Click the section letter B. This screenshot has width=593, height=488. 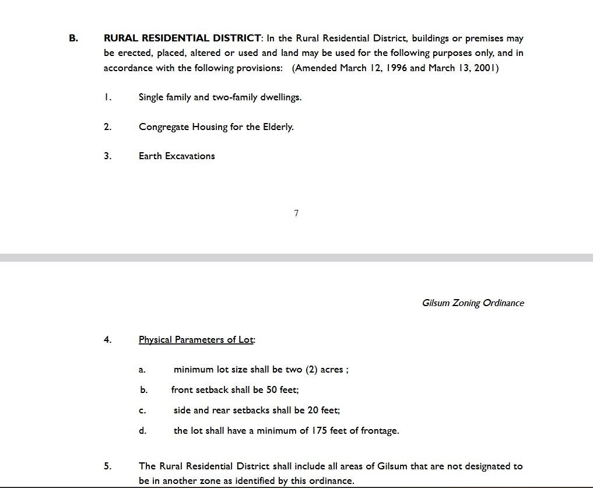(x=73, y=38)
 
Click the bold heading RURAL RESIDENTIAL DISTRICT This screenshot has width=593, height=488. (x=183, y=38)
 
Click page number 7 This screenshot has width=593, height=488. (x=296, y=213)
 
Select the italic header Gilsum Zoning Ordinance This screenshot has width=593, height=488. (x=473, y=303)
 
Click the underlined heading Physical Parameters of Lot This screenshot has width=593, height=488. (x=196, y=340)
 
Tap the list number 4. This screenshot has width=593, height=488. (x=107, y=340)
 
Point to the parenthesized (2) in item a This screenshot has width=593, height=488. (x=311, y=370)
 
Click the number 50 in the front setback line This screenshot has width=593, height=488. (x=271, y=390)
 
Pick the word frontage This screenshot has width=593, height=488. (x=380, y=431)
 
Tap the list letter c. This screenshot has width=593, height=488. (x=142, y=411)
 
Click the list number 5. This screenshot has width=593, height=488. (x=107, y=466)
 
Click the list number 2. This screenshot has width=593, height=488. (x=107, y=127)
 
